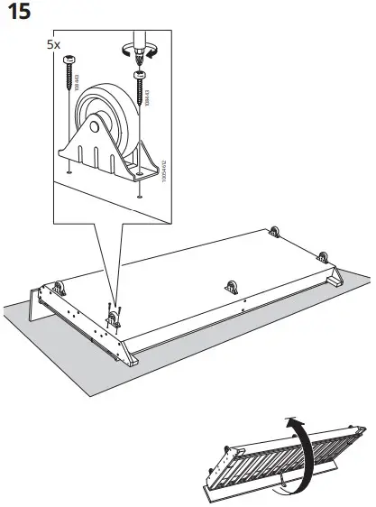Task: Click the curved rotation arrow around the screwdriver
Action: coord(154,53)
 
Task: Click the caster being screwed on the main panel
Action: coord(115,318)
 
